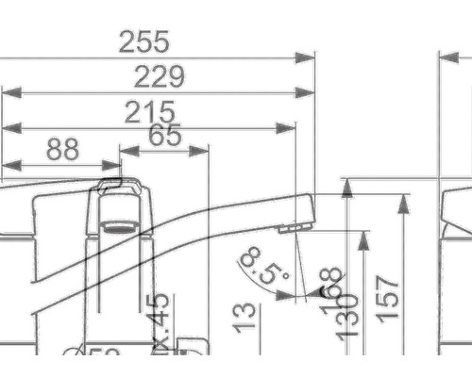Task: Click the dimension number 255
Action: click(143, 42)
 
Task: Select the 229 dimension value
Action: click(159, 77)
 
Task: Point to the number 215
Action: click(151, 112)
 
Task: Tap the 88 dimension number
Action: click(62, 149)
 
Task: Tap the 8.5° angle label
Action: click(264, 267)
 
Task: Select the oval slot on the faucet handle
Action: click(118, 226)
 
